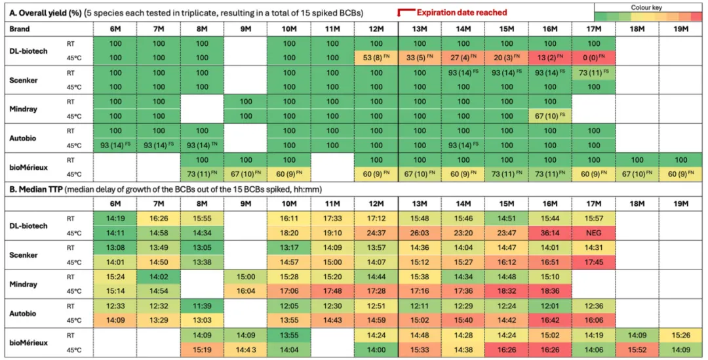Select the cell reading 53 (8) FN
click(x=376, y=57)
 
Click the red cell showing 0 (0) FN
click(x=593, y=57)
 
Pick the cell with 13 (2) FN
click(x=549, y=57)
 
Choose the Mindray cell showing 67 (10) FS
click(x=549, y=115)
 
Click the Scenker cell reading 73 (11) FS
click(x=593, y=72)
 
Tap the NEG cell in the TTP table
click(x=593, y=232)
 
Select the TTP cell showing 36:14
click(x=549, y=232)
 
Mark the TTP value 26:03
click(x=420, y=232)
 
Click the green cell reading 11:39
click(x=202, y=306)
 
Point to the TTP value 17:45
click(x=593, y=261)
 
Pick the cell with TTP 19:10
click(x=332, y=232)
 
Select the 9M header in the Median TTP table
click(x=245, y=204)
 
